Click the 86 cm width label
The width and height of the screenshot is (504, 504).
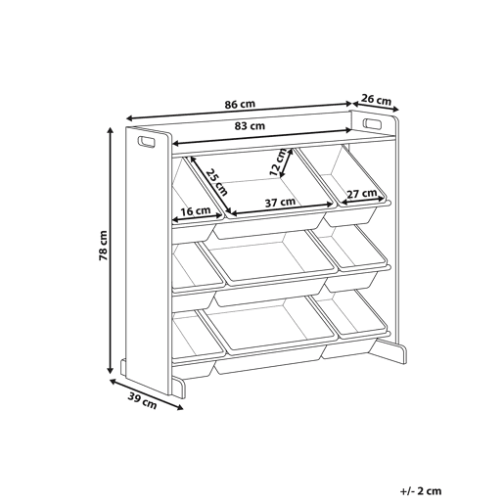click(240, 105)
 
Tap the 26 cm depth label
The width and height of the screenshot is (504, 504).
click(376, 99)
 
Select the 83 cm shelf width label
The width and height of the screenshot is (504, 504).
click(250, 125)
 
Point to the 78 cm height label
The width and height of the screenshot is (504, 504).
click(103, 246)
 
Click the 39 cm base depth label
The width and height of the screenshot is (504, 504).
click(142, 401)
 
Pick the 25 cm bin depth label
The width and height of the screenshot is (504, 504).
click(216, 182)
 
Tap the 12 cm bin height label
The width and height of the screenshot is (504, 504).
click(278, 161)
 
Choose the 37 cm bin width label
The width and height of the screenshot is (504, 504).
click(280, 203)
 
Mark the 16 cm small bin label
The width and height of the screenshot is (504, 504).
click(196, 211)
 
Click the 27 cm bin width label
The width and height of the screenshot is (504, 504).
click(361, 194)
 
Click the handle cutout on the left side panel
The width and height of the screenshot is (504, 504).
click(147, 142)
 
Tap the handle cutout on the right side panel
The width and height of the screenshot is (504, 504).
click(372, 124)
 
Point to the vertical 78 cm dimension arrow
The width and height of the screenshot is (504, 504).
click(111, 251)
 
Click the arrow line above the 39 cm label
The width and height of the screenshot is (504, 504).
click(147, 394)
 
